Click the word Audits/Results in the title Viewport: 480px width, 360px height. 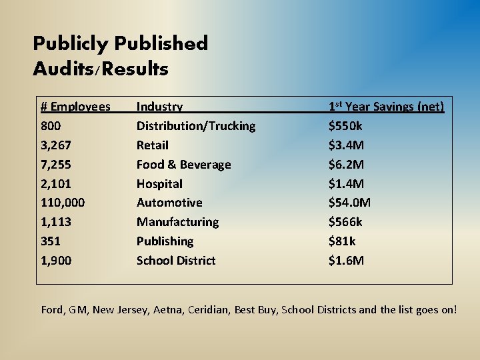(x=100, y=69)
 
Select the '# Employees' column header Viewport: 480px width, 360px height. (x=75, y=107)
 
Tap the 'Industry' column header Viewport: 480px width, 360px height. (x=159, y=107)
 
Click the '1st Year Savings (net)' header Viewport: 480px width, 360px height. (x=386, y=107)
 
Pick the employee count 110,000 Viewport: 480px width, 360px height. (x=63, y=203)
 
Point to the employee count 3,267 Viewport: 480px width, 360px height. (x=56, y=145)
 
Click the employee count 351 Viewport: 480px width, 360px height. (x=51, y=241)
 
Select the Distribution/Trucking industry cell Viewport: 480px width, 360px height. (x=196, y=126)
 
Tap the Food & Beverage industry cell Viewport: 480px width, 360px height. (x=183, y=165)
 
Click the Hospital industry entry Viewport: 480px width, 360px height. (x=159, y=184)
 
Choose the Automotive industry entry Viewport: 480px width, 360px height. (x=169, y=203)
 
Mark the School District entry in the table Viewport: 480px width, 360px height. (x=176, y=261)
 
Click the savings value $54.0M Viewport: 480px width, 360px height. (x=349, y=203)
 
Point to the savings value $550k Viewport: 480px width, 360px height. (x=345, y=126)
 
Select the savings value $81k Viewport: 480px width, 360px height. (x=342, y=241)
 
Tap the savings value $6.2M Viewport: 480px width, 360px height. (x=346, y=165)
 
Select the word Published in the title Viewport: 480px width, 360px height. (x=161, y=44)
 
